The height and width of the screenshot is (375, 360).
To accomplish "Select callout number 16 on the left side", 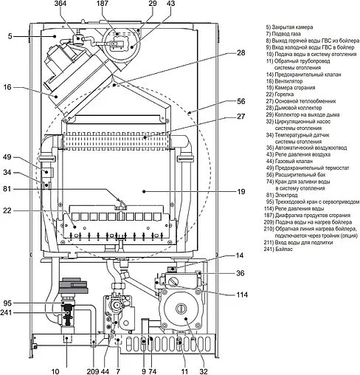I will pos(7,87).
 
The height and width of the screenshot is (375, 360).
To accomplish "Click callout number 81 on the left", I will pos(7,190).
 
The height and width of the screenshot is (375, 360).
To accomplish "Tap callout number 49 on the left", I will pos(7,157).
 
